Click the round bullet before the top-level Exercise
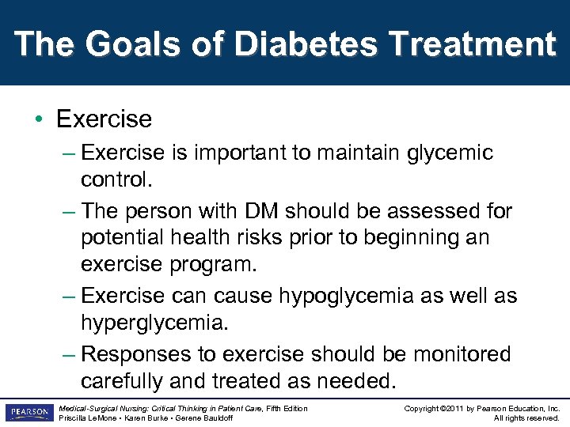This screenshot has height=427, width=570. (x=39, y=120)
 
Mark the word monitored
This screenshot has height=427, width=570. (x=451, y=354)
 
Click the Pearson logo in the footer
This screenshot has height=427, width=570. (x=28, y=413)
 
